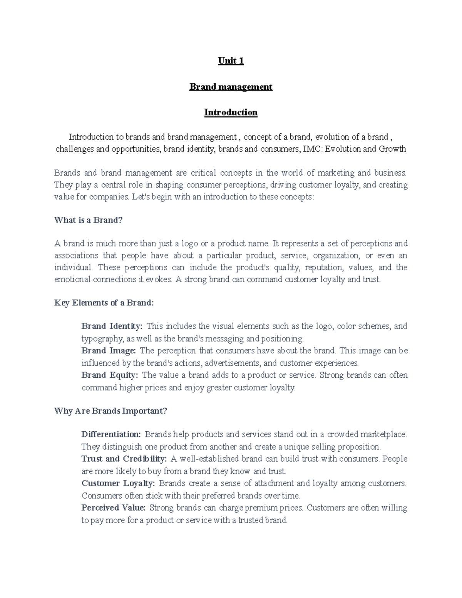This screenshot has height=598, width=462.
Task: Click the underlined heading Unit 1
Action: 231,61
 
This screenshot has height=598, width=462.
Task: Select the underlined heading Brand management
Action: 231,87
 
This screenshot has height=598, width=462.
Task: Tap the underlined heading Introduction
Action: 231,112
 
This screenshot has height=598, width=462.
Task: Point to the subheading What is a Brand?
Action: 88,220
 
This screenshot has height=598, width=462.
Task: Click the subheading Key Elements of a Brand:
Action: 104,303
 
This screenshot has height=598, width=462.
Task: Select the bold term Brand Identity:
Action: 112,326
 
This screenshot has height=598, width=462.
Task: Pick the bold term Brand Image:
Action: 109,351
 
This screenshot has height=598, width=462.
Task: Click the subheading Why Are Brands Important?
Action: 111,411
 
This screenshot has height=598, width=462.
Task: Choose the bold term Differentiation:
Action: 111,434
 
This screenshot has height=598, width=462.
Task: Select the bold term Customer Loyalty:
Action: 118,483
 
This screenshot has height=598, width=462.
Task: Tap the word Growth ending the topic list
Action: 392,149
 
